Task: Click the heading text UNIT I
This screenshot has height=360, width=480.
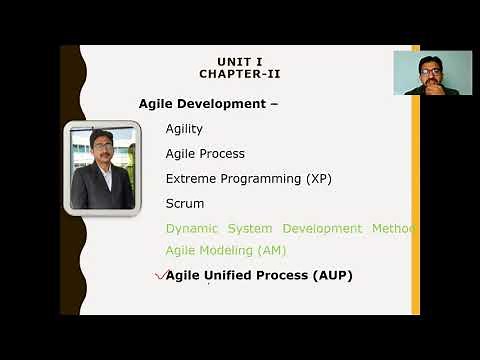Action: [239, 61]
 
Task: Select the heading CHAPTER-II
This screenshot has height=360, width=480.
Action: [239, 74]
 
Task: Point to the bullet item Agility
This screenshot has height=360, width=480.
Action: [184, 129]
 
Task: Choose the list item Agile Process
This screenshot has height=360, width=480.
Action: [205, 154]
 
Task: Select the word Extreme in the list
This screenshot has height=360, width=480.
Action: [191, 179]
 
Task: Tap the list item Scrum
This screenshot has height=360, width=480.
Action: [184, 204]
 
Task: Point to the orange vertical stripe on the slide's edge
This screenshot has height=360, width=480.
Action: [415, 200]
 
